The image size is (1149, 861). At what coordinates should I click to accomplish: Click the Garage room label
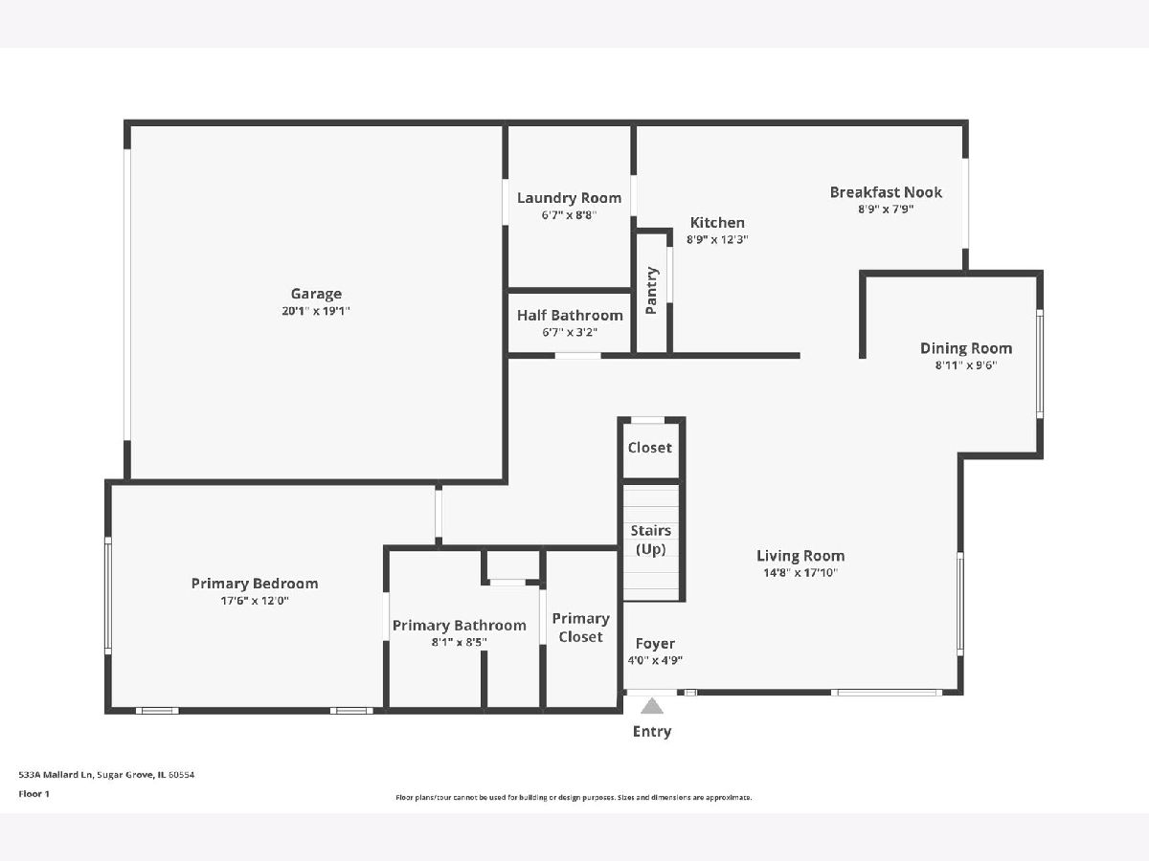tap(316, 294)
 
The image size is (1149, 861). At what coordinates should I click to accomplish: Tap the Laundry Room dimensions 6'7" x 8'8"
tap(569, 215)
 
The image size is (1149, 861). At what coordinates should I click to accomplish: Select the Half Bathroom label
tap(570, 316)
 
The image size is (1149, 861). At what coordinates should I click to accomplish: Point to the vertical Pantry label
tap(651, 291)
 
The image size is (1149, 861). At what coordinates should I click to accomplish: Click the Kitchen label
tap(717, 223)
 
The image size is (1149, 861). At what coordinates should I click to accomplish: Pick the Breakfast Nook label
tap(886, 192)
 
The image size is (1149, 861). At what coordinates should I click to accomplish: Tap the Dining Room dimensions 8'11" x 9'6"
tap(966, 364)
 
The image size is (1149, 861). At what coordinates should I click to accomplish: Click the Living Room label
tap(800, 556)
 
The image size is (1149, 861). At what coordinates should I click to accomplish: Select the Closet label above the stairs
tap(649, 448)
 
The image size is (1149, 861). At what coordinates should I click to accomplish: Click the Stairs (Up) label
tap(651, 540)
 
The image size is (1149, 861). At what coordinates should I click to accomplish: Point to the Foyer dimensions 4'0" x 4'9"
tap(655, 660)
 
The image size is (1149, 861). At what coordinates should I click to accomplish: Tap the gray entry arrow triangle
tap(652, 706)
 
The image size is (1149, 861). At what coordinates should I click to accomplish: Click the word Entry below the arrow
tap(652, 731)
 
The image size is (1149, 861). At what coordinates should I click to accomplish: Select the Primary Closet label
tap(580, 628)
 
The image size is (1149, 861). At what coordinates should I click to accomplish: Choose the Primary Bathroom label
tap(459, 626)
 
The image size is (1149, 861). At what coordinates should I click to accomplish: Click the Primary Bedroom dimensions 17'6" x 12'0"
tap(255, 601)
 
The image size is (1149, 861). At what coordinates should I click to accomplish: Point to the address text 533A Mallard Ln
tap(56, 774)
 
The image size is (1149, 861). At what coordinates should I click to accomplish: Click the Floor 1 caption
tap(34, 794)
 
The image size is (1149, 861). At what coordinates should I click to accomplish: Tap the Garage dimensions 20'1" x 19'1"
tap(316, 311)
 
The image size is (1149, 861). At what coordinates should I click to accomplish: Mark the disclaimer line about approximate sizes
tap(574, 797)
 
